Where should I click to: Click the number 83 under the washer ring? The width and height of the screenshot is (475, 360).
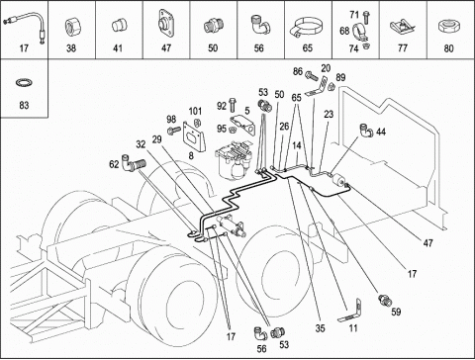coord(24,106)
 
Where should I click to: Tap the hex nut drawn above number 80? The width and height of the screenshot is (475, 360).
coord(448,27)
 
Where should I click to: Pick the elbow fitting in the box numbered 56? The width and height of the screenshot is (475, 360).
coord(260,25)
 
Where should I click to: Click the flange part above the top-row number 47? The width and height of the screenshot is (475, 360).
coord(166,23)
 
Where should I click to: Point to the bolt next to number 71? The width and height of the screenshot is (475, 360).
coord(366,17)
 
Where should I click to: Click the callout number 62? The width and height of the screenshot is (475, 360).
coord(114,164)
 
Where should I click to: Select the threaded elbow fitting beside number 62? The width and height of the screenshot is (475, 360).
coord(134,162)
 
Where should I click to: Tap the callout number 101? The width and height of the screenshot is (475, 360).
coord(195,111)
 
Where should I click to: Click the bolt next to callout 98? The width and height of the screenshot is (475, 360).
coord(173,132)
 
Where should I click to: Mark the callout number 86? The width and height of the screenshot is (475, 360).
coord(298,71)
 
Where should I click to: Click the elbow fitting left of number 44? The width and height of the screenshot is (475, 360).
coord(366,131)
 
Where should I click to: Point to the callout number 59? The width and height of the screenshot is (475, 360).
coord(396,312)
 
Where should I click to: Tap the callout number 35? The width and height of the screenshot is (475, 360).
coord(320,328)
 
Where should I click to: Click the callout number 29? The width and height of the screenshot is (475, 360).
coord(157,139)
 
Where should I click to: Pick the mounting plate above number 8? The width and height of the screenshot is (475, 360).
coord(194,136)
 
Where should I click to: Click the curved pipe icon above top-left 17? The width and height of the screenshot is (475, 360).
coord(24,27)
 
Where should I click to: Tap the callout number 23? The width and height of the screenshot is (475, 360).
coord(329,115)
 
